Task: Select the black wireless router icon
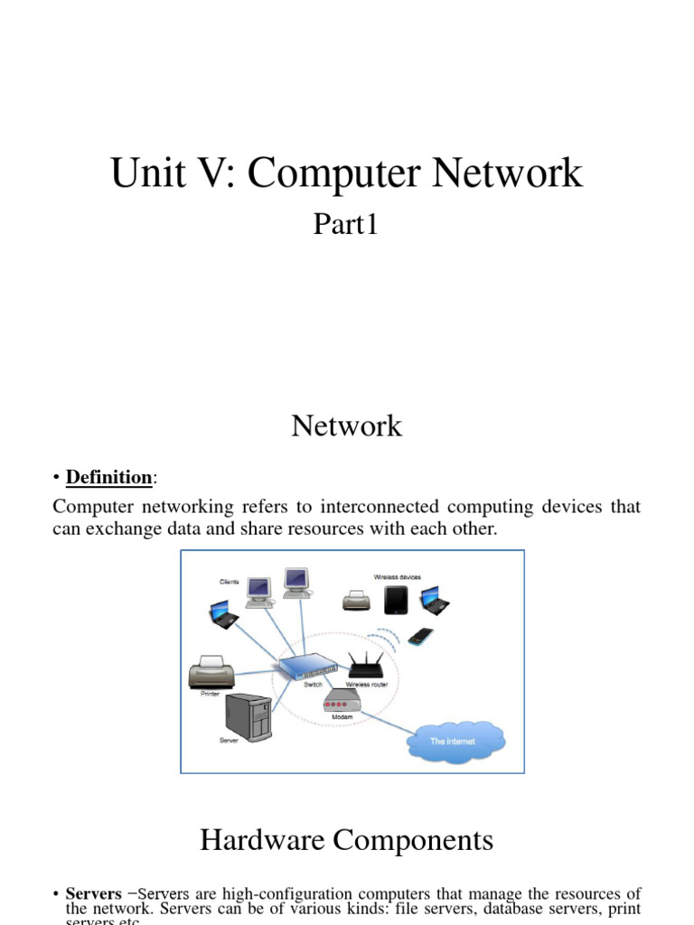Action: [366, 668]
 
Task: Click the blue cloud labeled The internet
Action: [455, 741]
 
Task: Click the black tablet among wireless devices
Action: [396, 601]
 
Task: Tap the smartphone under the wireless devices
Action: [420, 636]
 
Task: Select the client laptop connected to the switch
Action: [223, 616]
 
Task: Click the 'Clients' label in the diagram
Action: [229, 582]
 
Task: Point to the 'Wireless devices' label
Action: [397, 576]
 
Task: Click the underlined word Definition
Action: [108, 477]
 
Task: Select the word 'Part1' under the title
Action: [345, 223]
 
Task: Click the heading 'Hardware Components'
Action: [346, 840]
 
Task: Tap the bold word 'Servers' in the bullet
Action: [93, 894]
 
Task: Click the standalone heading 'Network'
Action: [346, 425]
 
